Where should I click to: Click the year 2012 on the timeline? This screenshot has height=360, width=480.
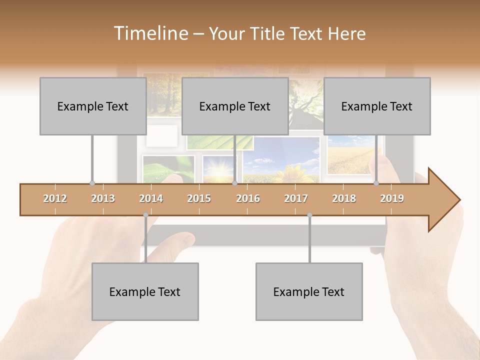tap(55, 199)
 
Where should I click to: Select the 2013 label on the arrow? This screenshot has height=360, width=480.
tap(103, 199)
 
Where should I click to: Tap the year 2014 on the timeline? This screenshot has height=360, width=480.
tap(151, 199)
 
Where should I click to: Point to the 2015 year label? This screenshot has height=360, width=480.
tap(199, 199)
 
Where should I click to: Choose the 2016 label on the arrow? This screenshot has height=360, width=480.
tap(248, 199)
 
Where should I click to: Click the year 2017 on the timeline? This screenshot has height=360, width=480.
tap(296, 199)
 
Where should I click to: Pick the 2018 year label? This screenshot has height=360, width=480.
tap(344, 199)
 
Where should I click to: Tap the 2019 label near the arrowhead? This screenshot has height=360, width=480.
tap(392, 199)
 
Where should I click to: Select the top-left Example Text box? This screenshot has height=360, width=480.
tap(93, 106)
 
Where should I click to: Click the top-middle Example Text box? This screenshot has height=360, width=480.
tap(235, 106)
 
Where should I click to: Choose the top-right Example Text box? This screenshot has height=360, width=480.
tap(377, 106)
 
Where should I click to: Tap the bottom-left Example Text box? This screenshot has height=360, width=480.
tap(145, 292)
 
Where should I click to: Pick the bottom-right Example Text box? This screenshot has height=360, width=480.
tap(309, 292)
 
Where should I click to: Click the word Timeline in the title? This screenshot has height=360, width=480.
tap(150, 33)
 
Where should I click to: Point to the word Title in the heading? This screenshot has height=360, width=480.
tap(270, 34)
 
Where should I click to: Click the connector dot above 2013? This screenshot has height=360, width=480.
tap(92, 183)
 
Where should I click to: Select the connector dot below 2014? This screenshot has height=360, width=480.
tap(145, 215)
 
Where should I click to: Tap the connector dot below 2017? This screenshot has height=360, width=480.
tap(309, 215)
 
